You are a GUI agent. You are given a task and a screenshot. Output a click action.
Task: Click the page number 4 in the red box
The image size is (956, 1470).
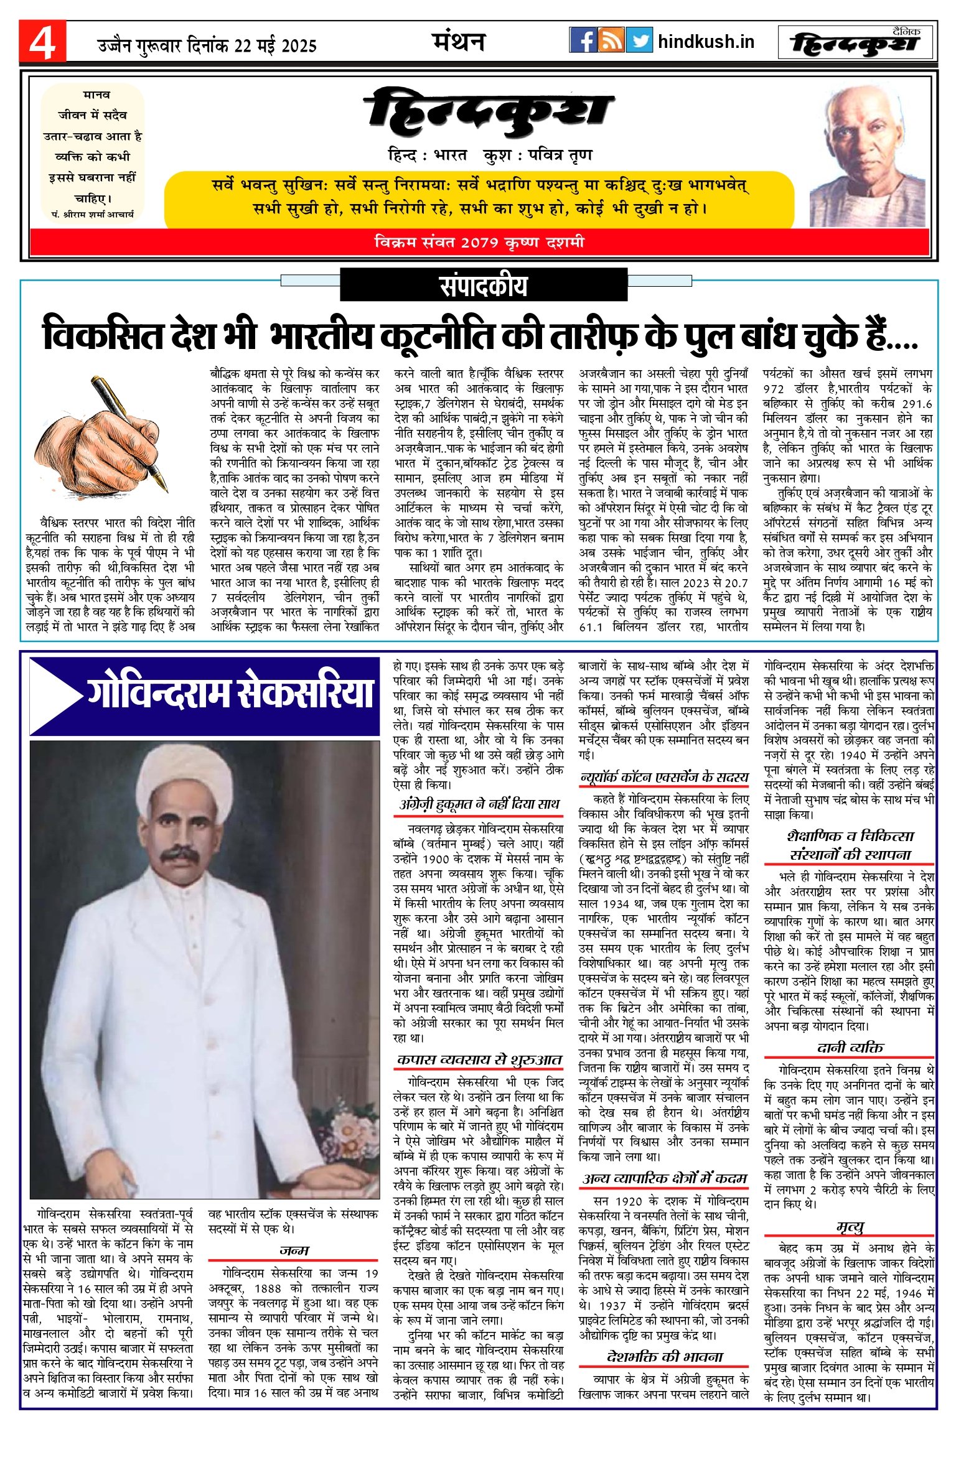42,42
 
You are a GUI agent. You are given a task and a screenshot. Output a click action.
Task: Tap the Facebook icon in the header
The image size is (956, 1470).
583,40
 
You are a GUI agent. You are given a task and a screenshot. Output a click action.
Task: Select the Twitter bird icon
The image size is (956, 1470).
639,40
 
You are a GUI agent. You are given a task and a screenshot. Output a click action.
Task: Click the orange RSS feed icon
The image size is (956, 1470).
611,40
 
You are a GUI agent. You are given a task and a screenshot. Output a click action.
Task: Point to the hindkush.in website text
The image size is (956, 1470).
706,42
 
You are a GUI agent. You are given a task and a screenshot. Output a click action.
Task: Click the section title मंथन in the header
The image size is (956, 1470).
458,42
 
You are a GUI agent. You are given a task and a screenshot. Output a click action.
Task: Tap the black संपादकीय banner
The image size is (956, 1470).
483,286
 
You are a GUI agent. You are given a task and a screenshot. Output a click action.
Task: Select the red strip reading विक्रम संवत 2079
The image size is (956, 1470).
479,242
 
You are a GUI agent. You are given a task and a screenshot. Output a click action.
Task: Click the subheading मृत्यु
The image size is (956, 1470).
850,1226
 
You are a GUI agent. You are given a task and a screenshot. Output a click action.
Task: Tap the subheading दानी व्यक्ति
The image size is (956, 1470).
850,1047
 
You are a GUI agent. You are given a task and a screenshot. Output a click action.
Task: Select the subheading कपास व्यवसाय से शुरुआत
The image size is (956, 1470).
479,1059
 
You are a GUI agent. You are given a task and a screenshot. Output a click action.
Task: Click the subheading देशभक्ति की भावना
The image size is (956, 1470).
664,1357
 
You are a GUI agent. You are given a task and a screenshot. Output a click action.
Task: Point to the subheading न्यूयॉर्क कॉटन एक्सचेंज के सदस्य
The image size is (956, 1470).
664,777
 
